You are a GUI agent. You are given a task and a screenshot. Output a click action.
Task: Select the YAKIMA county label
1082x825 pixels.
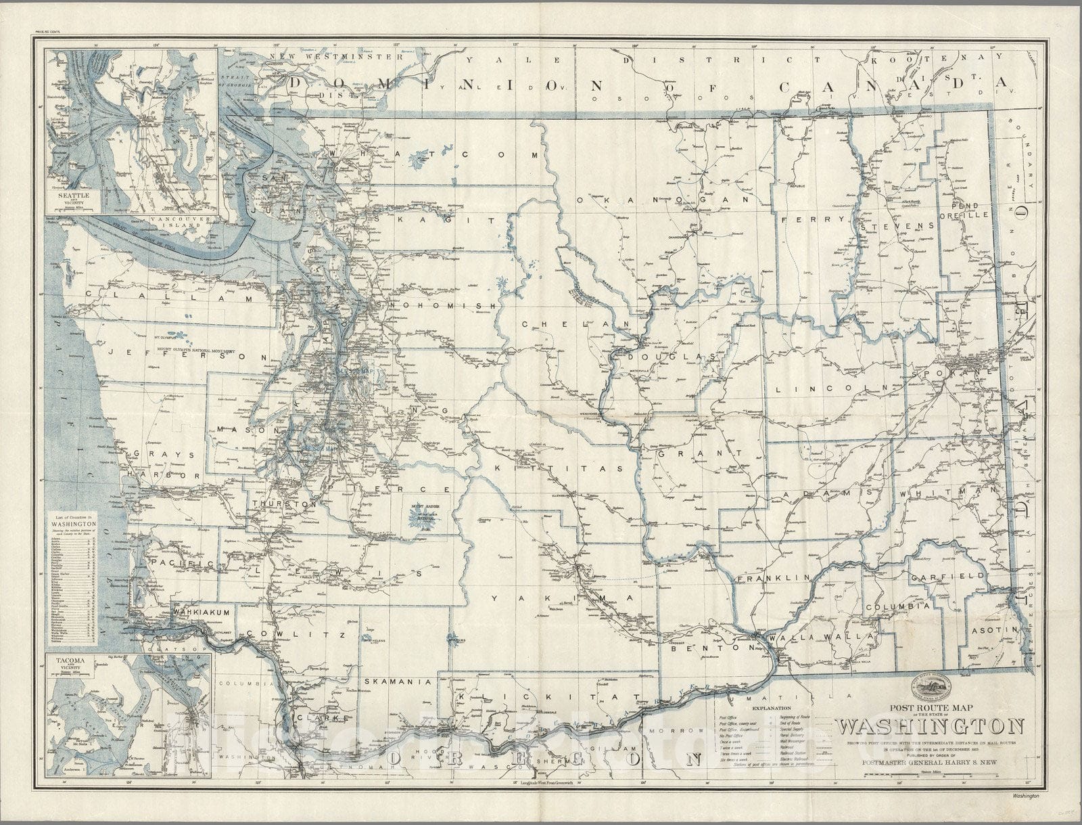click(x=561, y=598)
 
